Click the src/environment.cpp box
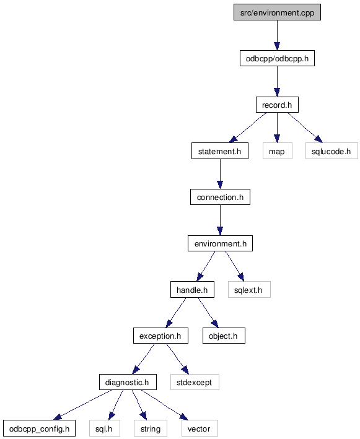[x=277, y=12]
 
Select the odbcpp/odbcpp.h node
[x=277, y=58]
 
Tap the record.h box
[x=277, y=105]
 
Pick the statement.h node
[x=220, y=151]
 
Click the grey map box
[x=278, y=151]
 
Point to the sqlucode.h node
[x=331, y=151]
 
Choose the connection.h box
[x=220, y=197]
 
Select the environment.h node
[x=220, y=243]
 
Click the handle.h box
[x=192, y=290]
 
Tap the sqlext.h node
[x=249, y=290]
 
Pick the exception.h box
[x=160, y=336]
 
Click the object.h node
[x=224, y=336]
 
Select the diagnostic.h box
[x=128, y=382]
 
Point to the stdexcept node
[x=195, y=382]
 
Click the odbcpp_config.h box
[x=39, y=428]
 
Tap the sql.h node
[x=105, y=428]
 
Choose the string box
[x=151, y=428]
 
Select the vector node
[x=200, y=428]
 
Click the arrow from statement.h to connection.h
[x=220, y=174]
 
